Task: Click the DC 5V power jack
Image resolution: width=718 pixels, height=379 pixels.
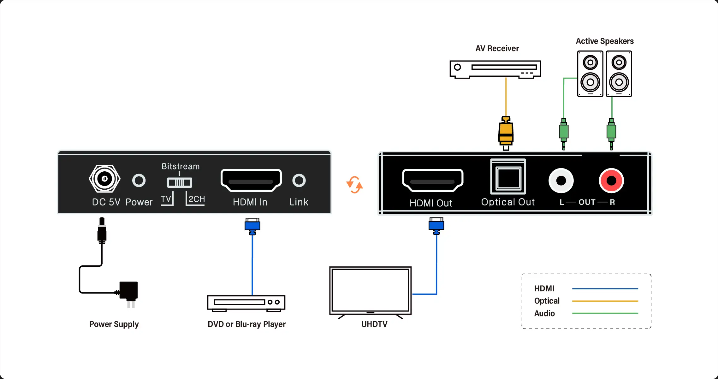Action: point(104,179)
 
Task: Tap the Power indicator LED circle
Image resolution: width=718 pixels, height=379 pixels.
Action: point(139,181)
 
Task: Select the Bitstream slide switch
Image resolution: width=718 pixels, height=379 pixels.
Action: point(179,182)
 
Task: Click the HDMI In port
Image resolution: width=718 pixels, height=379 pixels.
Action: point(251,180)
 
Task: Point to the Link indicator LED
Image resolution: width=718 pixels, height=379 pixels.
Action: point(299,181)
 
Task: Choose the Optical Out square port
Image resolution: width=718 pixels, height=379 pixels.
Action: point(508,177)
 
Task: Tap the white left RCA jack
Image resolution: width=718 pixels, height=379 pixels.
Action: point(561,181)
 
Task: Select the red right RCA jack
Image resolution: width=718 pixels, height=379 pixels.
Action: point(611,181)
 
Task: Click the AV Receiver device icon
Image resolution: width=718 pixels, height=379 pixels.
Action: point(495,69)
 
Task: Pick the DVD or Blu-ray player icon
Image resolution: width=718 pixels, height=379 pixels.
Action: point(246,303)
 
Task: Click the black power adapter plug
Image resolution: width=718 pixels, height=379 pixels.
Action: point(128,294)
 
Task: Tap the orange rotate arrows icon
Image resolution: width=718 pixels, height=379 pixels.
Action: point(354,185)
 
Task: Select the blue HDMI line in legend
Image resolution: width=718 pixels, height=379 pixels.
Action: point(605,288)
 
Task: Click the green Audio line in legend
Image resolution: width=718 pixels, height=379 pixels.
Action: point(605,313)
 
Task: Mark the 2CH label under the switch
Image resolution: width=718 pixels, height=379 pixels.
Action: point(197,199)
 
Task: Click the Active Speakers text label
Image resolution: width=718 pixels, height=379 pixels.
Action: point(605,41)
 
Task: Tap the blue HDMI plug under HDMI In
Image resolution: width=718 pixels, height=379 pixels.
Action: point(252,226)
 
